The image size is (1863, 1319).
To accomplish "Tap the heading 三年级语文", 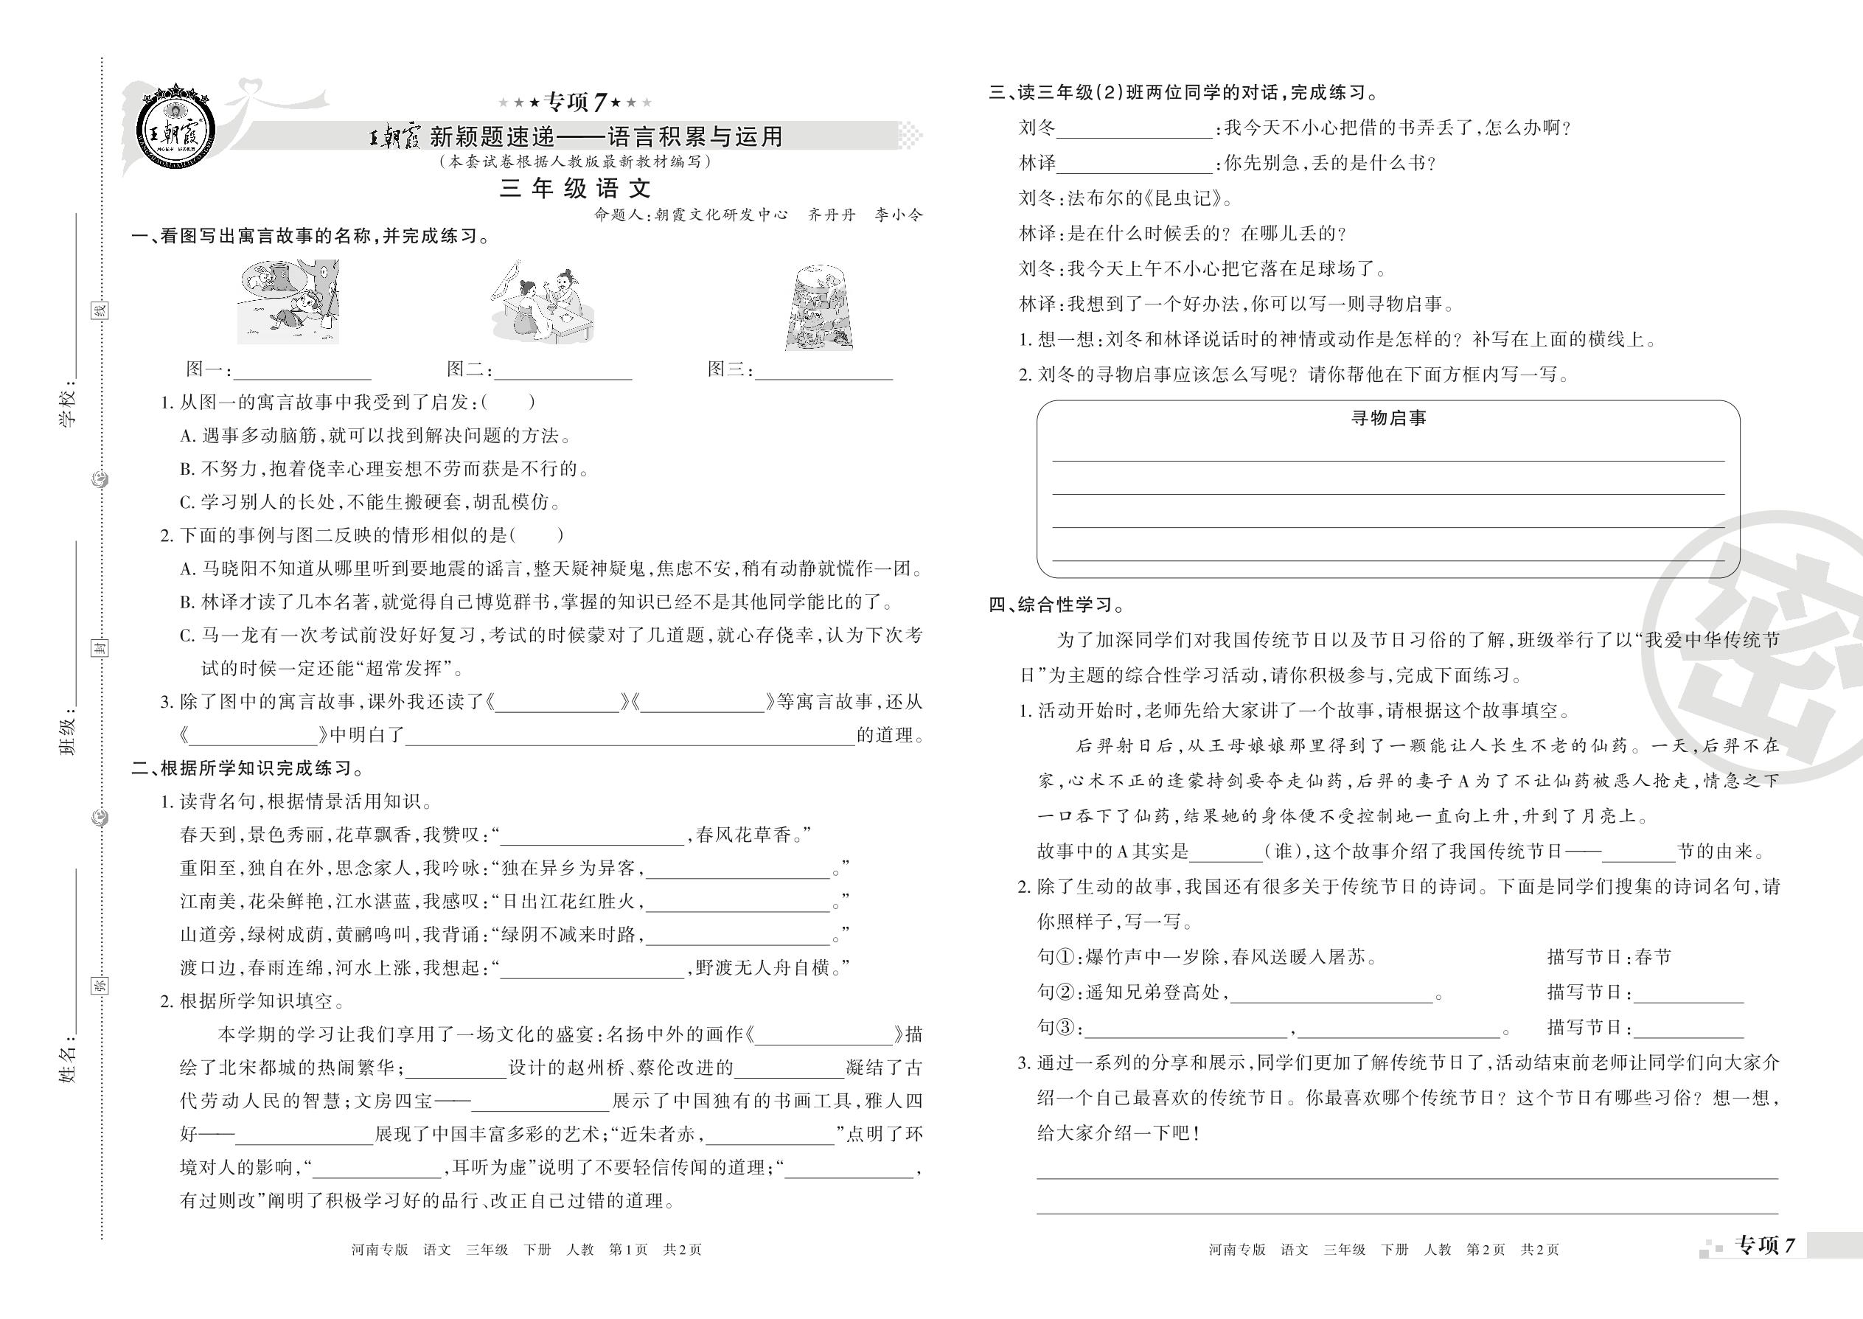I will [x=575, y=189].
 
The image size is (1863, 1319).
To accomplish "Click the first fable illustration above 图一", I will [x=288, y=302].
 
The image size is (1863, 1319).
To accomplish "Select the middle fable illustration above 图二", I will [x=542, y=302].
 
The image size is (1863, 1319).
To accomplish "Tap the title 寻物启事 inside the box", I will [x=1388, y=418].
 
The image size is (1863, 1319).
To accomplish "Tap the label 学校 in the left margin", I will [x=70, y=403].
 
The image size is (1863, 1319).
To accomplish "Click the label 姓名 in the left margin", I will [x=70, y=1065].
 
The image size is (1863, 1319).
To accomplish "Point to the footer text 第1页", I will [x=629, y=1250].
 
